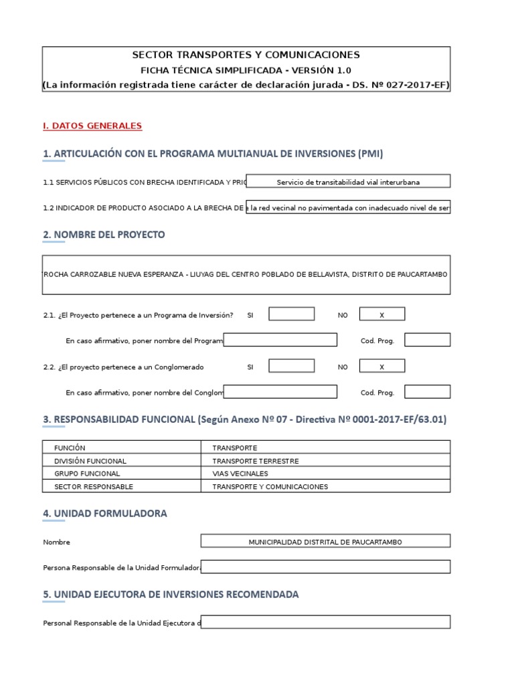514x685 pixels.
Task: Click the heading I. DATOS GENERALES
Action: (92, 126)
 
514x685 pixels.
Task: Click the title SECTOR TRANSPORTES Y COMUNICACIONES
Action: (246, 55)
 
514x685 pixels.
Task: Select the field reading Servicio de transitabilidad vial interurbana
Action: (348, 181)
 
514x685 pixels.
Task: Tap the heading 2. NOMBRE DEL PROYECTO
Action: (104, 235)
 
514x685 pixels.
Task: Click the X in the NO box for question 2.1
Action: (382, 314)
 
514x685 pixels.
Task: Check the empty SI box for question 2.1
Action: (291, 314)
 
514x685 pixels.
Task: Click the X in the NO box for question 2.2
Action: (382, 367)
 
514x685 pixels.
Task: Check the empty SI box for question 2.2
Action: (291, 367)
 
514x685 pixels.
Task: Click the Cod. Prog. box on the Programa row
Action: (427, 340)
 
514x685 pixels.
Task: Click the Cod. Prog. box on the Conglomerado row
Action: (427, 393)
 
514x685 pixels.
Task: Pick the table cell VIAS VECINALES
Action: (240, 474)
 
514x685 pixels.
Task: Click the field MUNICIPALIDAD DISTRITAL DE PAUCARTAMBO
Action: (325, 542)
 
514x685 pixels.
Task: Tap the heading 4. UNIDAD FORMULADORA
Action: (105, 514)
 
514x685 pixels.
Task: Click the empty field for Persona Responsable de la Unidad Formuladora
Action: (325, 567)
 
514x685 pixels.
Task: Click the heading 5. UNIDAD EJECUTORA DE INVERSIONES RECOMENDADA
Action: (171, 594)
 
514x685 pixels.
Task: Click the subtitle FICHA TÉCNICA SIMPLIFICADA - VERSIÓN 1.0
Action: (246, 70)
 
